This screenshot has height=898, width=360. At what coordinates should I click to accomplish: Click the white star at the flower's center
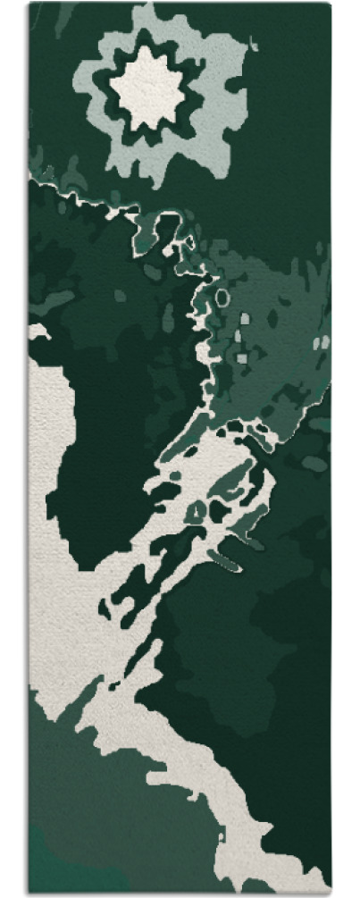[159, 88]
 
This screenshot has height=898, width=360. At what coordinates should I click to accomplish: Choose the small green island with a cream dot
[197, 510]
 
